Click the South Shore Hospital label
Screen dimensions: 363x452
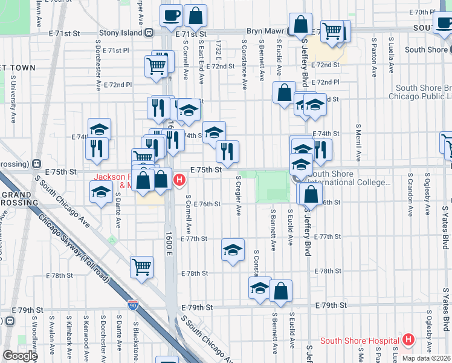click(x=361, y=341)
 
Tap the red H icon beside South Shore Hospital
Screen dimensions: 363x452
click(x=408, y=340)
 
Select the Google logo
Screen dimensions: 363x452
click(x=20, y=356)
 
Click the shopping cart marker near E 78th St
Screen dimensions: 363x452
click(x=141, y=265)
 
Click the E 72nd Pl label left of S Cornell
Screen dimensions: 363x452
click(x=118, y=85)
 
